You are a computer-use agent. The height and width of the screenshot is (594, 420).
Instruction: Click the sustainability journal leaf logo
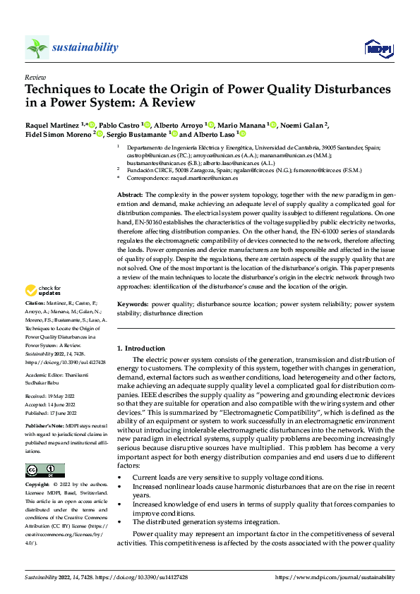[37, 47]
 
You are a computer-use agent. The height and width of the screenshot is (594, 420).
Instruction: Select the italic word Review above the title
[35, 78]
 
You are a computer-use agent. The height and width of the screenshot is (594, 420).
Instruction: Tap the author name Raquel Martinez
[52, 125]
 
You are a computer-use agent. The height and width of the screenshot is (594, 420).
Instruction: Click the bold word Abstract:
[130, 194]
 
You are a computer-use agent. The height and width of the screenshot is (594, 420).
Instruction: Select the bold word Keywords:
[132, 305]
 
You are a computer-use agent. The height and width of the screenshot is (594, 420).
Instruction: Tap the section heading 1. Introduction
[141, 348]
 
